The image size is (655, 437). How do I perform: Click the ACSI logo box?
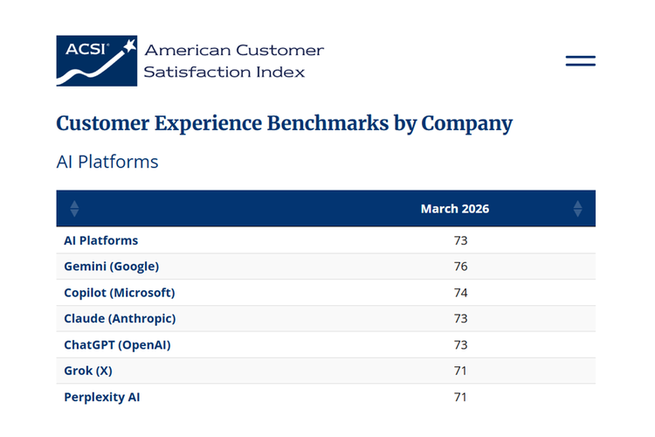pos(96,60)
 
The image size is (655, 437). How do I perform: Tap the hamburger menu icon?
pos(580,60)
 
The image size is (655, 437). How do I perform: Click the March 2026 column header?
pos(454,209)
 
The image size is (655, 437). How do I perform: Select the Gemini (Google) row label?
pos(111,267)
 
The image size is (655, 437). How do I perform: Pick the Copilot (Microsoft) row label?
pos(119,292)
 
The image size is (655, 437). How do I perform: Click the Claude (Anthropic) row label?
pos(120,319)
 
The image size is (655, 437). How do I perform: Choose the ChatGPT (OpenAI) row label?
pos(117,344)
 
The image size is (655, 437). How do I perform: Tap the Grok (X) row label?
pos(87,371)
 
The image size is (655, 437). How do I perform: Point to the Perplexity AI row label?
pos(101,397)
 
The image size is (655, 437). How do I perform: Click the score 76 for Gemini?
pos(460,267)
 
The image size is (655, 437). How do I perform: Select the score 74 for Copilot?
pos(460,293)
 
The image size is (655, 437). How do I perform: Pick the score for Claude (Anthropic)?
pos(460,319)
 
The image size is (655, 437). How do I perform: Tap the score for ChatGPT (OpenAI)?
pos(460,345)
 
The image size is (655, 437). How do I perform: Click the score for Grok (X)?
pos(460,371)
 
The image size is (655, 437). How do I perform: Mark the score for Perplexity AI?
pos(460,397)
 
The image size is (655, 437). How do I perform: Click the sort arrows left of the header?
pos(74,209)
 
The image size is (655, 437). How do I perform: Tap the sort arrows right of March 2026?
pos(578,209)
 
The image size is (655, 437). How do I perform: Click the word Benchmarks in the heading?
pos(327,123)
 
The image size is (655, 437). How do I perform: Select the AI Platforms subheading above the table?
pos(107,162)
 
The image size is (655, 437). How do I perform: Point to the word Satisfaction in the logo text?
pos(196,72)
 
